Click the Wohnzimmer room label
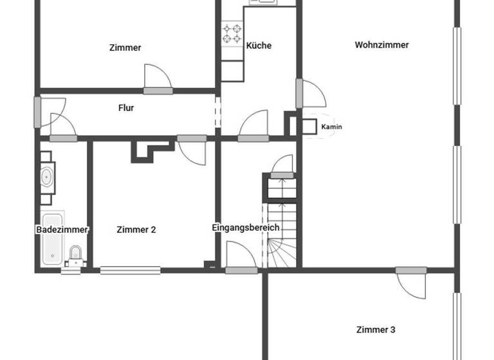[381, 45]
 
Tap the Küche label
[259, 46]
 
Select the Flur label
[126, 108]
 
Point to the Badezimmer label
[62, 230]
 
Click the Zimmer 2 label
[136, 230]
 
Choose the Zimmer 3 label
[376, 330]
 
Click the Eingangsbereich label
[246, 228]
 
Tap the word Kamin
[331, 127]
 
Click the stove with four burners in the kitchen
[232, 34]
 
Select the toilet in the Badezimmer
[76, 255]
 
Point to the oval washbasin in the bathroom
[47, 175]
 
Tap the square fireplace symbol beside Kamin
[309, 127]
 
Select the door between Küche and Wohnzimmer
[313, 94]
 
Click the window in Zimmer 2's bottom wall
[130, 270]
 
